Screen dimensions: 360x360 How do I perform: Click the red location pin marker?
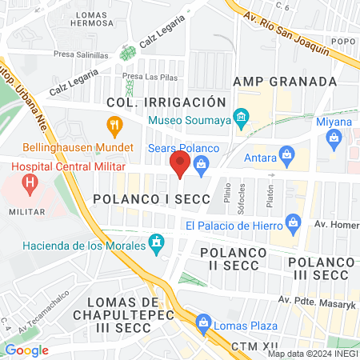tap(180, 166)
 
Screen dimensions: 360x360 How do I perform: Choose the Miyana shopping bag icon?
tap(334, 138)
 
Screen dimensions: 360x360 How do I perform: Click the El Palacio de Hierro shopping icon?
tap(293, 221)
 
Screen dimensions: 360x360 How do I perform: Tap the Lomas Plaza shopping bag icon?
tap(204, 324)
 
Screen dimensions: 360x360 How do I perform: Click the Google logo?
tap(26, 350)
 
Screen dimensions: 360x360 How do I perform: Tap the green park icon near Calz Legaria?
tap(126, 54)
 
